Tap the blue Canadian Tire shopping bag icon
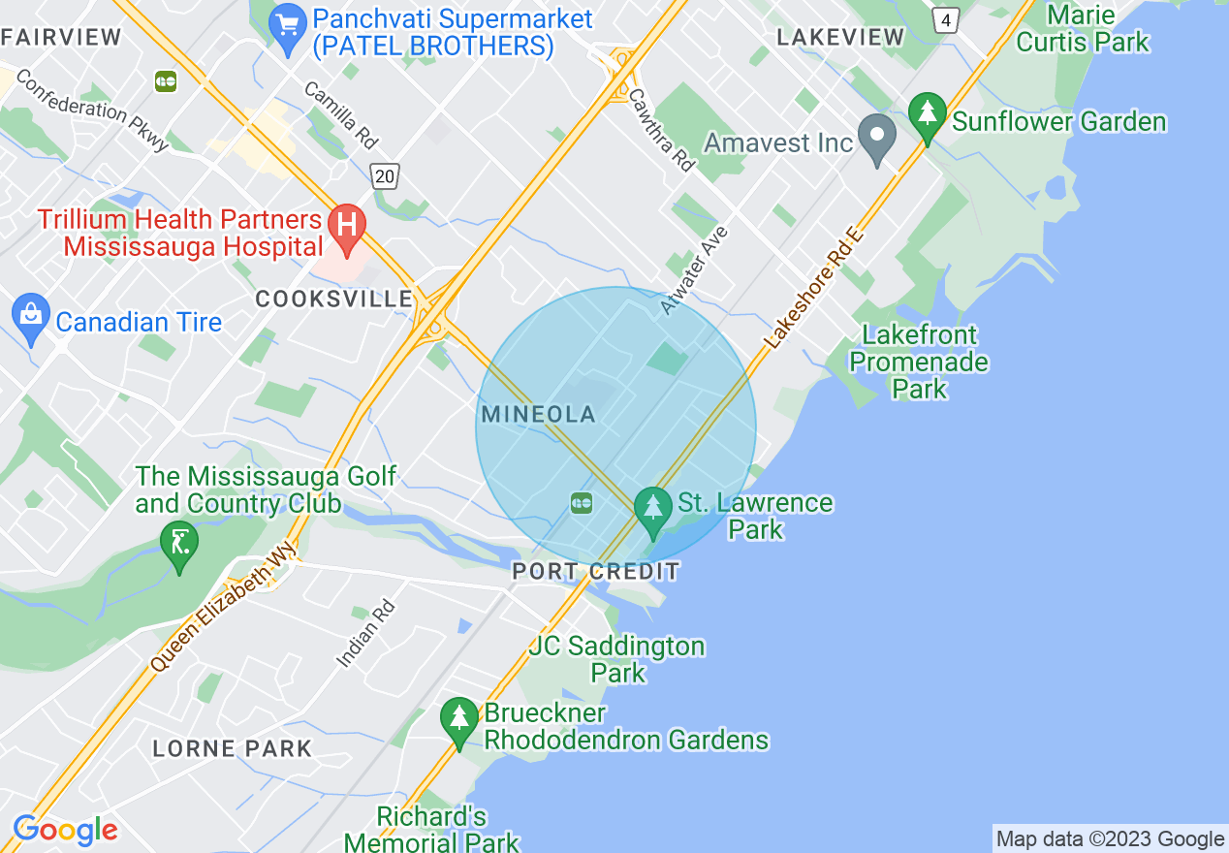pyautogui.click(x=31, y=316)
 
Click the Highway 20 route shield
pyautogui.click(x=385, y=175)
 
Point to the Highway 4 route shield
pyautogui.click(x=945, y=18)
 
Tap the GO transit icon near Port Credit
pyautogui.click(x=582, y=501)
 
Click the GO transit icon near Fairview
pyautogui.click(x=166, y=81)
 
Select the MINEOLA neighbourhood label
pyautogui.click(x=538, y=415)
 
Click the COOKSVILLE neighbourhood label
pyautogui.click(x=334, y=300)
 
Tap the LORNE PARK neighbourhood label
pyautogui.click(x=233, y=748)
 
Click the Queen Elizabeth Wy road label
pyautogui.click(x=224, y=608)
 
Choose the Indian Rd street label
pyautogui.click(x=366, y=634)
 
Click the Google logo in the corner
pyautogui.click(x=65, y=831)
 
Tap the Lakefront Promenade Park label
pyautogui.click(x=920, y=362)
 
